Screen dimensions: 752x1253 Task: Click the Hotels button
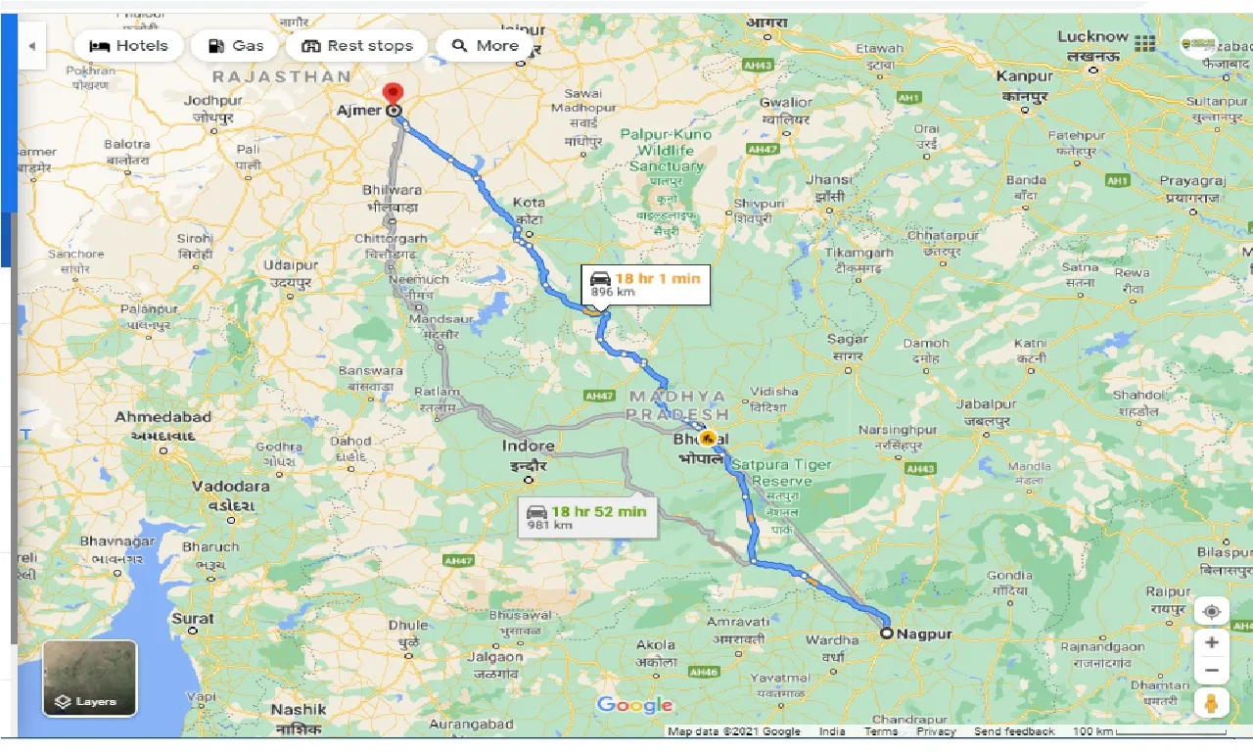pyautogui.click(x=128, y=46)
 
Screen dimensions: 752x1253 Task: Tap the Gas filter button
pyautogui.click(x=235, y=46)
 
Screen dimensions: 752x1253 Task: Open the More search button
pyautogui.click(x=485, y=46)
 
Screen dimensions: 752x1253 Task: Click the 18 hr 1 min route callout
pyautogui.click(x=645, y=284)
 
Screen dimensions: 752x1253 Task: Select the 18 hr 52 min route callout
pyautogui.click(x=587, y=517)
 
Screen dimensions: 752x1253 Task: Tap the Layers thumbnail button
pyautogui.click(x=90, y=678)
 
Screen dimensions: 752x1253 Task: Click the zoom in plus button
pyautogui.click(x=1212, y=642)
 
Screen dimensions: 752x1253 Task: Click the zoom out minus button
pyautogui.click(x=1212, y=671)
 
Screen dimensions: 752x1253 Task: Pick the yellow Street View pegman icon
pyautogui.click(x=1212, y=703)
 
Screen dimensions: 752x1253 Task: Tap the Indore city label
pyautogui.click(x=529, y=446)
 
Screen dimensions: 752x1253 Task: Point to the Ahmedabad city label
pyautogui.click(x=162, y=417)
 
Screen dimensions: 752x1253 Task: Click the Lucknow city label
pyautogui.click(x=1092, y=37)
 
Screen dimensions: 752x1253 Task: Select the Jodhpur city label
pyautogui.click(x=212, y=101)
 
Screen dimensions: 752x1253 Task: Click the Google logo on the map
pyautogui.click(x=634, y=705)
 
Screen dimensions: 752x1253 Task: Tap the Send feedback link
pyautogui.click(x=1014, y=731)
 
